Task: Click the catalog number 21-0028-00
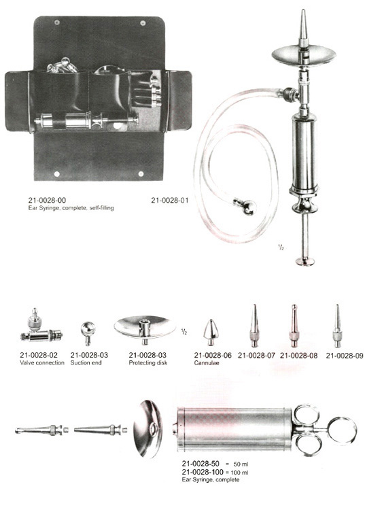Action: [47, 201]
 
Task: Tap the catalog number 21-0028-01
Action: [169, 201]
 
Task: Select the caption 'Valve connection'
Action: [42, 363]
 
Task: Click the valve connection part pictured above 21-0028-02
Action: [41, 326]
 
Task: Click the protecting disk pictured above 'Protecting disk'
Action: [145, 328]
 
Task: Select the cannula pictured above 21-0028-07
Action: [255, 326]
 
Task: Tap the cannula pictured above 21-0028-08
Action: [294, 326]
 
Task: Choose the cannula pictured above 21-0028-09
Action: [337, 326]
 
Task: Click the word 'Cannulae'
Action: [207, 363]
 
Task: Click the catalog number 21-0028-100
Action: [203, 472]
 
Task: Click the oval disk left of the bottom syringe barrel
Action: [148, 428]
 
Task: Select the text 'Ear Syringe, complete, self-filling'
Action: [71, 208]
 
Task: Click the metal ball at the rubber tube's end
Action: [249, 207]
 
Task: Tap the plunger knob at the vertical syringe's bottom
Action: [305, 261]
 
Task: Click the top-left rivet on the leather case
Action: [57, 22]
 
